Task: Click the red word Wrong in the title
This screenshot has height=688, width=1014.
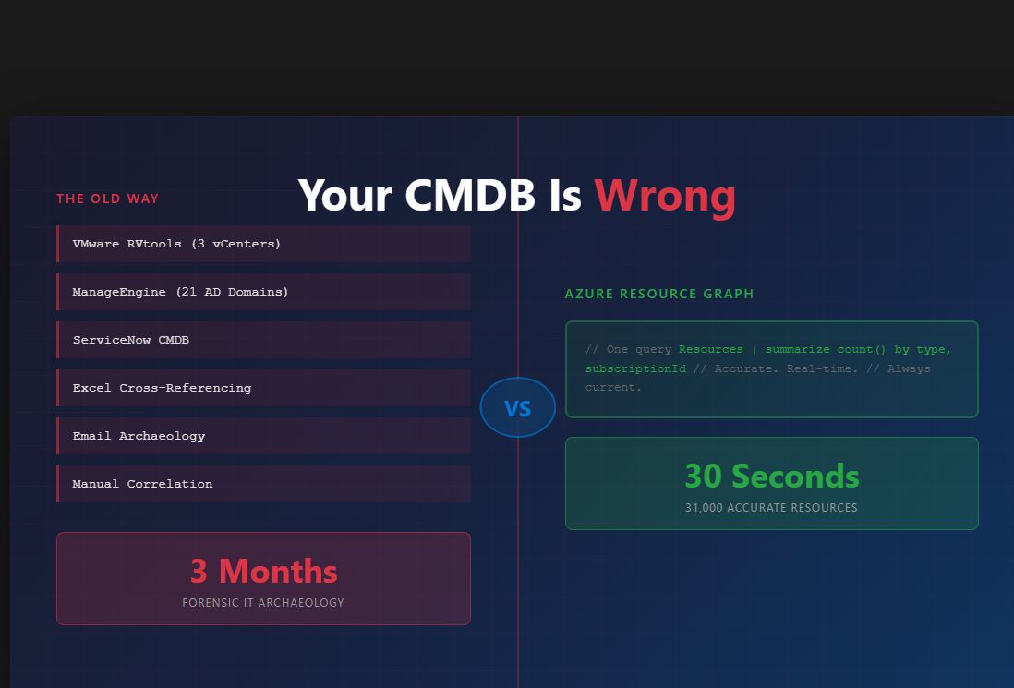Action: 665,196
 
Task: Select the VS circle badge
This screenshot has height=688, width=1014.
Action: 517,407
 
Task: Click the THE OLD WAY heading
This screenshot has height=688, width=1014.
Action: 107,199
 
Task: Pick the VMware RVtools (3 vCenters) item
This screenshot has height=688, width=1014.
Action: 176,244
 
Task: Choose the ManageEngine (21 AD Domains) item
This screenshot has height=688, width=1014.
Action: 180,292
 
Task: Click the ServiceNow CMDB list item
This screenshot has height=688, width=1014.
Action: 131,340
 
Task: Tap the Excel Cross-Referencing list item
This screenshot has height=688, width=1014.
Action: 162,388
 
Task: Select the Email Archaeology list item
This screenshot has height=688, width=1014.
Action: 139,436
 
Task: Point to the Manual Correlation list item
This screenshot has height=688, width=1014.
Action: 142,484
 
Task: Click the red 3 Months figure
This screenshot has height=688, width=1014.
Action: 263,572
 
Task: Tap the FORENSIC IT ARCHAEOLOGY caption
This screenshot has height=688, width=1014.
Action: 263,603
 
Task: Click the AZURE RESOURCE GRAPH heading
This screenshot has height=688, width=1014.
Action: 659,294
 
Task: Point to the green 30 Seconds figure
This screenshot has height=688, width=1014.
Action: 771,476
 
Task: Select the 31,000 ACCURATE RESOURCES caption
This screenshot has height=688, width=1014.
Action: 771,508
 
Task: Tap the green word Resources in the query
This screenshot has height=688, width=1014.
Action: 711,349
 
